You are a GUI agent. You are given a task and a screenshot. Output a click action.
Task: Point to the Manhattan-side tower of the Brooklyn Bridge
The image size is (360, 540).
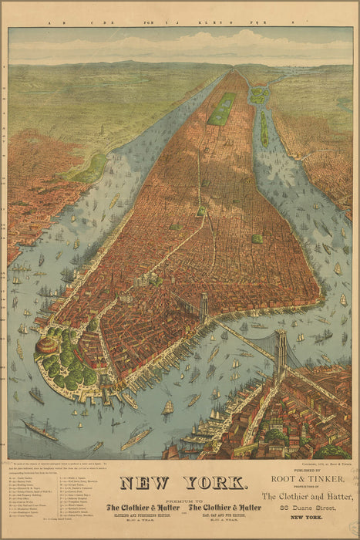[x=204, y=307]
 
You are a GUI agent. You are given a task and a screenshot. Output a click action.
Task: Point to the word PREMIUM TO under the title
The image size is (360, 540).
[x=182, y=498]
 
